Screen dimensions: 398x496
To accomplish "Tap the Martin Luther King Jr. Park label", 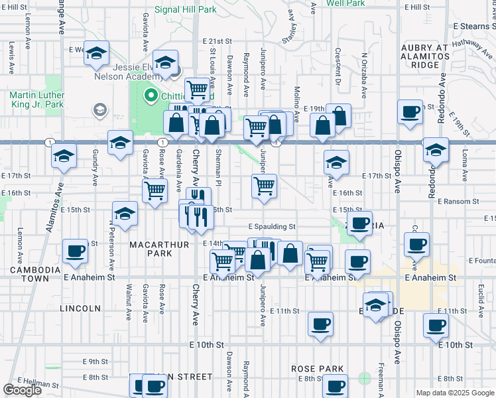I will click(x=36, y=99).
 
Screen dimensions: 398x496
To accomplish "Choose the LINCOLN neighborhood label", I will click(x=80, y=308).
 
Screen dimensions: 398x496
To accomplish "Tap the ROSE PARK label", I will click(x=317, y=369).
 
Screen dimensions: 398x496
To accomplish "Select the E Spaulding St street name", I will click(x=272, y=227).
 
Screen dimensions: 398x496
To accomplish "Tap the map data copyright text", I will click(x=454, y=393).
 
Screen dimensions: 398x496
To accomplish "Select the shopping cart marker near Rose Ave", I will click(x=155, y=191).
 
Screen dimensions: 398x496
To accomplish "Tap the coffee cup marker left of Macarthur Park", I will click(x=75, y=251).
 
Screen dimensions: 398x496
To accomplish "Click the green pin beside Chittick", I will click(x=150, y=96).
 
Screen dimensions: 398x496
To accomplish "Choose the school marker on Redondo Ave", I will click(x=435, y=150).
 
